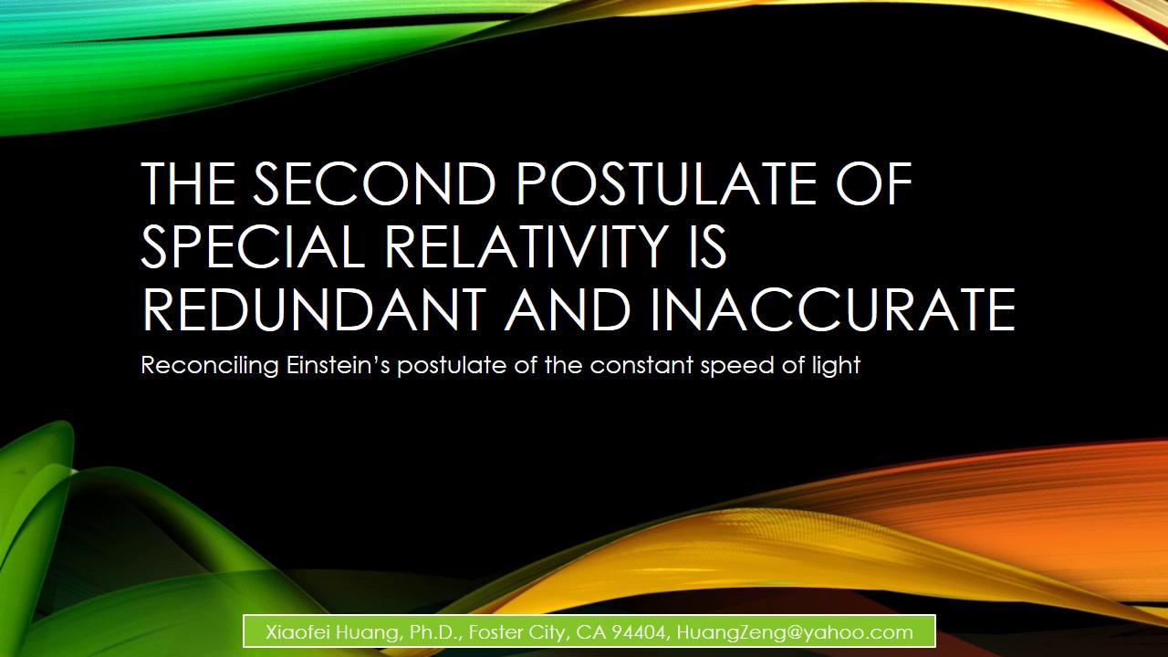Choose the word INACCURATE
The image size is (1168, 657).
pyautogui.click(x=832, y=309)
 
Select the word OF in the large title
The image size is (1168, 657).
pyautogui.click(x=872, y=183)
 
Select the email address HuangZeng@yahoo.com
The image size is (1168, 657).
pyautogui.click(x=794, y=632)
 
